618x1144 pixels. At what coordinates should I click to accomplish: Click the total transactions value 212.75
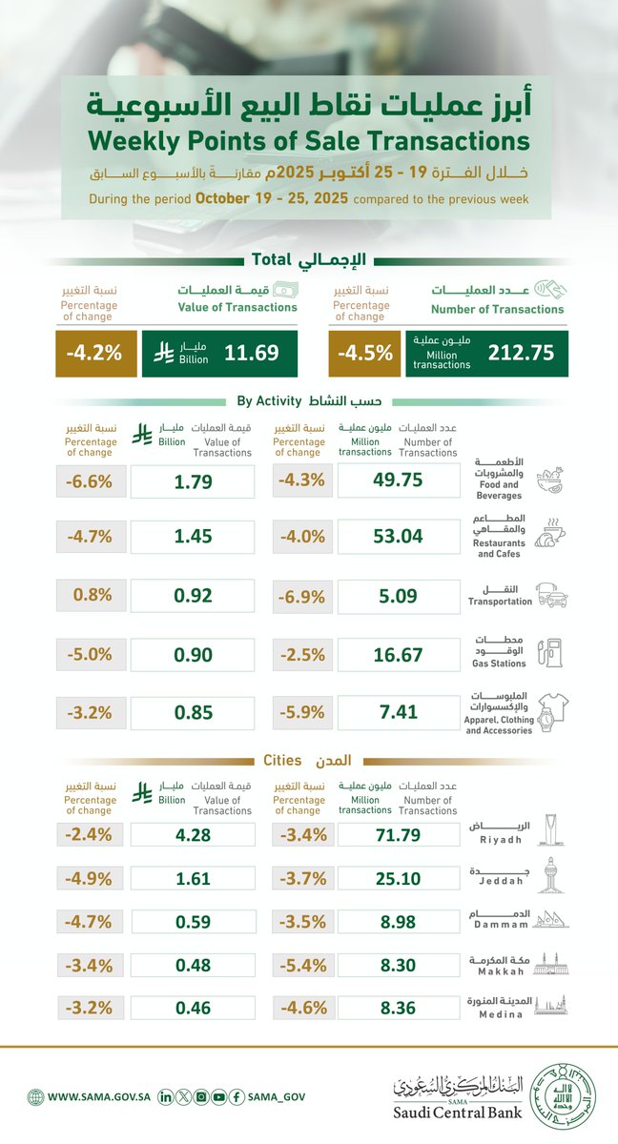521,353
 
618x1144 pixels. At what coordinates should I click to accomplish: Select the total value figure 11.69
252,353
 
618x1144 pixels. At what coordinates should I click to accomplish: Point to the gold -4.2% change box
93,353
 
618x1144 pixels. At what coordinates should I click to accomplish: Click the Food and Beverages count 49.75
398,480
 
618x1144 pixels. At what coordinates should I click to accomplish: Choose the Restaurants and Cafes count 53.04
398,536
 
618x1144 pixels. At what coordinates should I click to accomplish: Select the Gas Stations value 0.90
192,656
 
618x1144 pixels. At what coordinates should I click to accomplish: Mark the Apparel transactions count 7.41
398,712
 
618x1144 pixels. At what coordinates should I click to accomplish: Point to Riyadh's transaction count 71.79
398,836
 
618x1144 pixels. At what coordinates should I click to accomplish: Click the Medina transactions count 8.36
398,1006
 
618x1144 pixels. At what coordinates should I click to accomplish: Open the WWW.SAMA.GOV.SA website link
88,1098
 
